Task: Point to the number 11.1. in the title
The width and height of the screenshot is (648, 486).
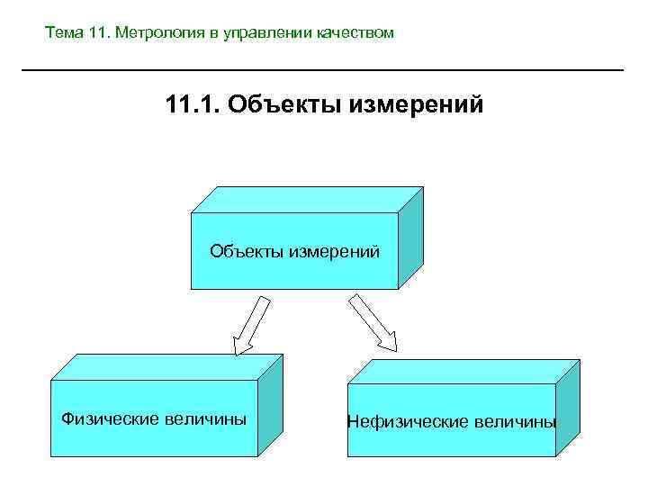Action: [x=193, y=105]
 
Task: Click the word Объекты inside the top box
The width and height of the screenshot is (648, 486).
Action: [x=246, y=250]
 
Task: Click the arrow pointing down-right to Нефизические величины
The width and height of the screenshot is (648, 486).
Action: [x=373, y=322]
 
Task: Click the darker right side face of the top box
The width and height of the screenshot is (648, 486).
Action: [x=410, y=238]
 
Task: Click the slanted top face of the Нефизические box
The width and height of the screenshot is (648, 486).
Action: [x=463, y=370]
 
